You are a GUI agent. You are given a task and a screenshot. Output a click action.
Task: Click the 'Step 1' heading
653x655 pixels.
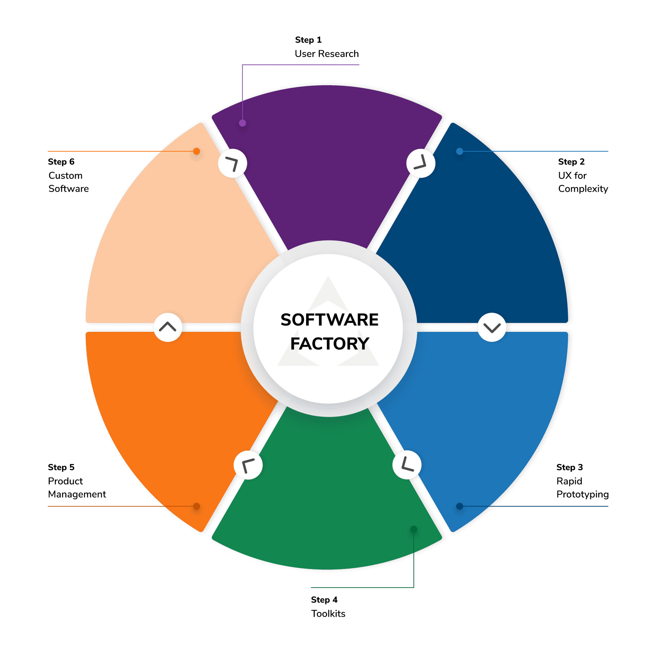(x=308, y=40)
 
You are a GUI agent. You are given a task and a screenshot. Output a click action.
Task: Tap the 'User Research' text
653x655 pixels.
(x=327, y=54)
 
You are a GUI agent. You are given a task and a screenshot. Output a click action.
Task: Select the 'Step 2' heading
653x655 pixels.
(x=571, y=161)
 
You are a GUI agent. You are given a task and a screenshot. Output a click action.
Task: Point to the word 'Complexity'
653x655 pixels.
(x=583, y=189)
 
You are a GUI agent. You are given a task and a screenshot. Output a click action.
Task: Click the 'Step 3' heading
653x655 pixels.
(x=570, y=467)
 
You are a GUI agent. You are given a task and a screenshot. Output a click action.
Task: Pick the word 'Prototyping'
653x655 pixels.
(x=583, y=494)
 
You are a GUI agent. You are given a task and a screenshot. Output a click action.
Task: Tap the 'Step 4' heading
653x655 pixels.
(x=324, y=600)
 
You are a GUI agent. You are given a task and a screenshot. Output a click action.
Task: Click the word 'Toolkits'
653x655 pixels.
(x=328, y=613)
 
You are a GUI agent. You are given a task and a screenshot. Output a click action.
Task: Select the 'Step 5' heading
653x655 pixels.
(x=61, y=467)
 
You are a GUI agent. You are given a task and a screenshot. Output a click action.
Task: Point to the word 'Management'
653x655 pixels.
(x=77, y=494)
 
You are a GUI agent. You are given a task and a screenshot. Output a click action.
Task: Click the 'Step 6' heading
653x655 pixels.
(x=61, y=161)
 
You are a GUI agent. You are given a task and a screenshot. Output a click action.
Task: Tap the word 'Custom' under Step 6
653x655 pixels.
(x=65, y=175)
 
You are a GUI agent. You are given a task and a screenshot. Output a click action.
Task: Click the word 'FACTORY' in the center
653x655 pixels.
(x=330, y=344)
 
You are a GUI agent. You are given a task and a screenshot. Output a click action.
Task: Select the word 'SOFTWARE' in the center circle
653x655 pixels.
(x=330, y=320)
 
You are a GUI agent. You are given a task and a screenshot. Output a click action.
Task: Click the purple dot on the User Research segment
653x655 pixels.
(x=243, y=123)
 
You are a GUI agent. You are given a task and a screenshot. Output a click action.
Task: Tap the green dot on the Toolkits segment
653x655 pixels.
(x=414, y=529)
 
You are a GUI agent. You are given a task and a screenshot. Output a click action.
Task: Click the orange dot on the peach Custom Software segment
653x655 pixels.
(x=196, y=151)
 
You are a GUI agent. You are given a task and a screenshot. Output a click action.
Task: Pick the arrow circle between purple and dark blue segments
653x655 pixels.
(x=421, y=163)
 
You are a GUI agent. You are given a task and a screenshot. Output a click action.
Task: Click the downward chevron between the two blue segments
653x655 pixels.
(x=492, y=327)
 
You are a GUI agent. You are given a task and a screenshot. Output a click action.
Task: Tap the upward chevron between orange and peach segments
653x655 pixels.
(x=167, y=327)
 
